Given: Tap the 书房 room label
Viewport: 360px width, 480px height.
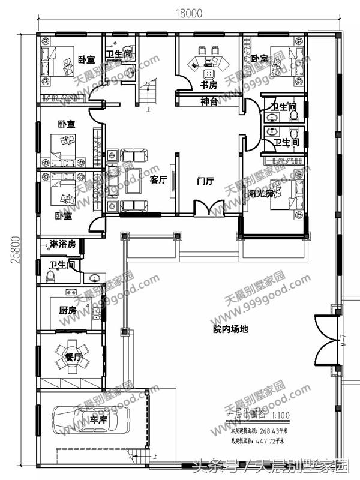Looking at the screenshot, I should (208, 85).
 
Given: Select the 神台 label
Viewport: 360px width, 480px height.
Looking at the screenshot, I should (208, 101).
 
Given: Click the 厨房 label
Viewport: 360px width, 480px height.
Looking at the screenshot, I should (67, 310).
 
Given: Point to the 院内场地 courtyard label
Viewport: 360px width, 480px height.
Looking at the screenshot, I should (230, 329).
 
